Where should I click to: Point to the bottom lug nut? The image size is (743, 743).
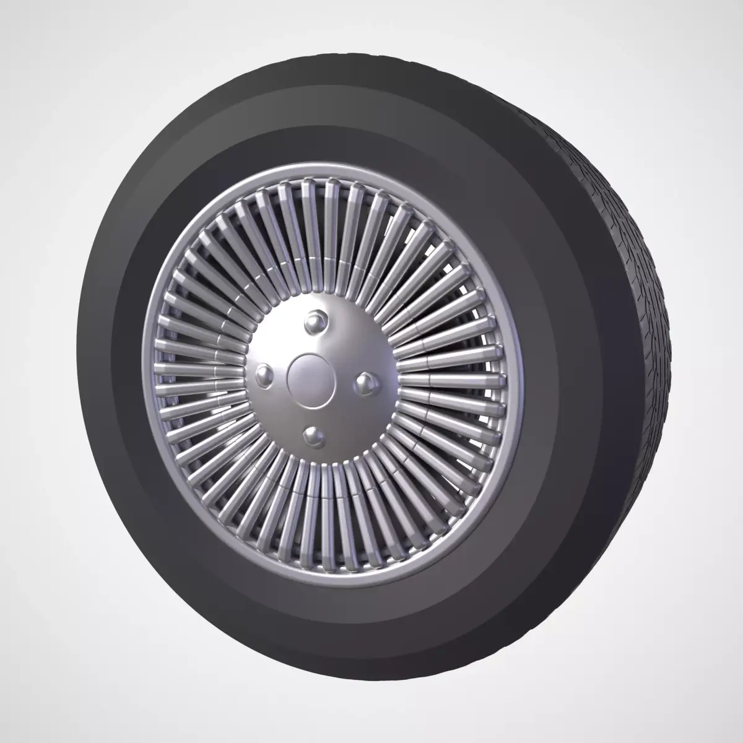click(x=314, y=436)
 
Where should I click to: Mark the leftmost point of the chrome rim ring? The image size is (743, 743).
click(x=146, y=371)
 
